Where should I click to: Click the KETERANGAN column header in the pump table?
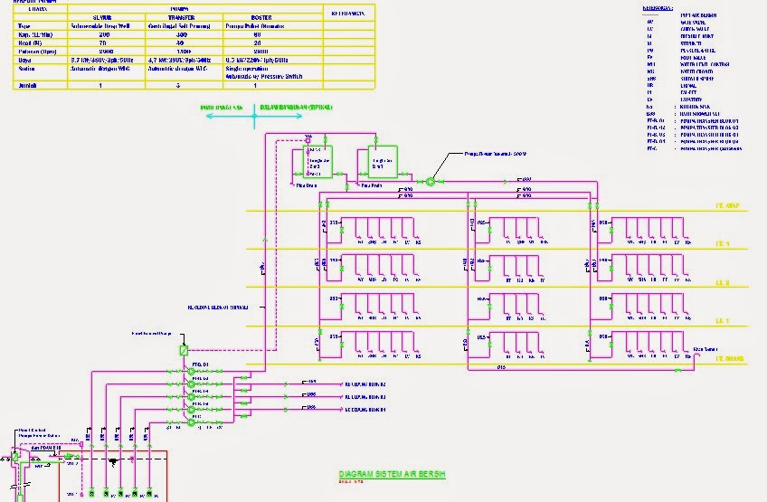point(348,14)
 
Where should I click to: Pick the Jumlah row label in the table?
point(30,84)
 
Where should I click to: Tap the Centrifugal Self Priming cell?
point(183,27)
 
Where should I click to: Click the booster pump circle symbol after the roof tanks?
point(431,182)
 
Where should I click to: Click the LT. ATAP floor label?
point(728,206)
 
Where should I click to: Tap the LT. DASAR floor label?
point(729,360)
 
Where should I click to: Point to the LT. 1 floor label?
point(723,321)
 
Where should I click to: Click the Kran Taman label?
point(705,348)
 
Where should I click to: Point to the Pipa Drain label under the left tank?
point(307,185)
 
